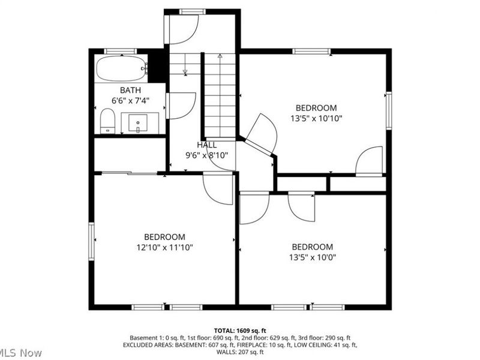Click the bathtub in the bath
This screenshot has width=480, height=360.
[121, 68]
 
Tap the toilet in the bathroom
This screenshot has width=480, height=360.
[107, 121]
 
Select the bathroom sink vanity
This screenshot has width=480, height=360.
[139, 122]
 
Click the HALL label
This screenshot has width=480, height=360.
[206, 145]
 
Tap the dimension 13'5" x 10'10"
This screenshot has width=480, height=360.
[316, 118]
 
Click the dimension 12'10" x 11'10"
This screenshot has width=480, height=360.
[164, 247]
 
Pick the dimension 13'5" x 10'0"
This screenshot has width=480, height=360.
[312, 257]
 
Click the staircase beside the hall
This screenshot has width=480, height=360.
[220, 96]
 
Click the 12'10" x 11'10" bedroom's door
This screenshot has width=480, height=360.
[217, 188]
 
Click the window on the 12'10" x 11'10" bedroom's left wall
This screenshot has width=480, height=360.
[91, 241]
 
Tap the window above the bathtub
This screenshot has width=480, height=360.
[120, 51]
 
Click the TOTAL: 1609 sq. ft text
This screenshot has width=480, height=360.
[240, 331]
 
